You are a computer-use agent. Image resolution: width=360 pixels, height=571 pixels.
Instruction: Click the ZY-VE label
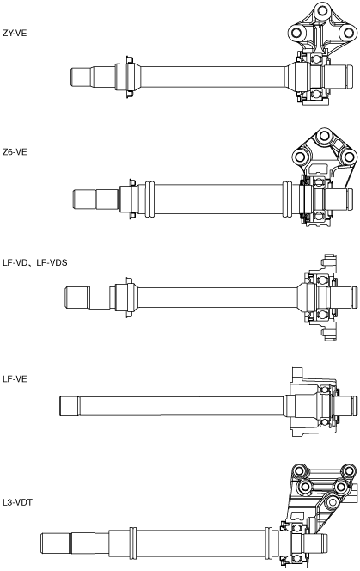pyautogui.click(x=15, y=34)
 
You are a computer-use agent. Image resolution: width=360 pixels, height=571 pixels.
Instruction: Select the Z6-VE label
pyautogui.click(x=15, y=152)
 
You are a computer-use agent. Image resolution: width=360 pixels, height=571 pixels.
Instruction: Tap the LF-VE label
pyautogui.click(x=15, y=378)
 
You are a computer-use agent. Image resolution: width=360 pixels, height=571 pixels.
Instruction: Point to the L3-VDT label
pyautogui.click(x=17, y=502)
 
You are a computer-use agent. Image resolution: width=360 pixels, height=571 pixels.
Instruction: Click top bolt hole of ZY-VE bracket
pyautogui.click(x=321, y=10)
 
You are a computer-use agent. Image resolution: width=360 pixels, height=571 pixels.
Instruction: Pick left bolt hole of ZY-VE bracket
pyautogui.click(x=296, y=34)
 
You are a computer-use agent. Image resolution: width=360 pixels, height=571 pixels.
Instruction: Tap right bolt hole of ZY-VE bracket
pyautogui.click(x=348, y=34)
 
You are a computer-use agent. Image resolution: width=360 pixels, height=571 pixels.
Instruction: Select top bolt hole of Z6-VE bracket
pyautogui.click(x=323, y=136)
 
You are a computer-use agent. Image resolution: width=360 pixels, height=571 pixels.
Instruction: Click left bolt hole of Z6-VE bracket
pyautogui.click(x=301, y=157)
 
